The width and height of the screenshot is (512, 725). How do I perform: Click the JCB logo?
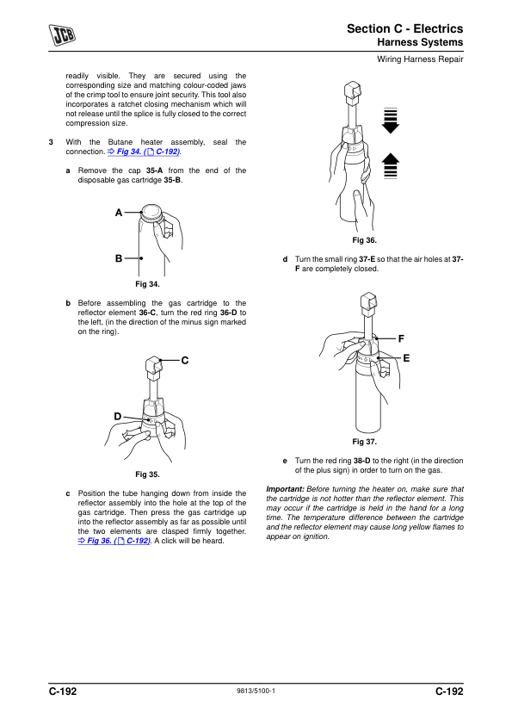click(62, 35)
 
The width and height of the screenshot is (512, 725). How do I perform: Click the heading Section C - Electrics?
click(404, 28)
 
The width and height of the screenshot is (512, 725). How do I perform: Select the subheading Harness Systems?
click(420, 42)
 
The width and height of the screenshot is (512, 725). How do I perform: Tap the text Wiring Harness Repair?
click(420, 59)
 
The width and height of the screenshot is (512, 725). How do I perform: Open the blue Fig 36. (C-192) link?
click(114, 541)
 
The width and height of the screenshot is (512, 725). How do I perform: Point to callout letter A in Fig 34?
click(119, 213)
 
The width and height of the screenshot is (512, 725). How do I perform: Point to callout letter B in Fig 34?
click(119, 258)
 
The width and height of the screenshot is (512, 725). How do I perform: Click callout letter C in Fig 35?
click(185, 360)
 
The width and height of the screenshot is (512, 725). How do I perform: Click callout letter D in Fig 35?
click(118, 417)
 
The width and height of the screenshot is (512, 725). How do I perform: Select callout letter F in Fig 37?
click(401, 339)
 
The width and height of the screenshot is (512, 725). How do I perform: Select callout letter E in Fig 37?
click(406, 358)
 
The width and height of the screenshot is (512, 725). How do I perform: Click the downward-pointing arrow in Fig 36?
click(391, 121)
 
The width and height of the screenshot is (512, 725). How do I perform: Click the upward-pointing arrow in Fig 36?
click(391, 165)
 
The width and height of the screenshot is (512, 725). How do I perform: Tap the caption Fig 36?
click(365, 240)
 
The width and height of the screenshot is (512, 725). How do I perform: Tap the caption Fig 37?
click(365, 442)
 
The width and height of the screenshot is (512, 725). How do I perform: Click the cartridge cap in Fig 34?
click(151, 214)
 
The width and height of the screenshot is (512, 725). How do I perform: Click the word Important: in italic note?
click(285, 489)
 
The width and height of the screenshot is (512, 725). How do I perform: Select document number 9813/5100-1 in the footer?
click(256, 691)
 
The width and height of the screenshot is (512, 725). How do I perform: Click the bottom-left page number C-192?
click(63, 691)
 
